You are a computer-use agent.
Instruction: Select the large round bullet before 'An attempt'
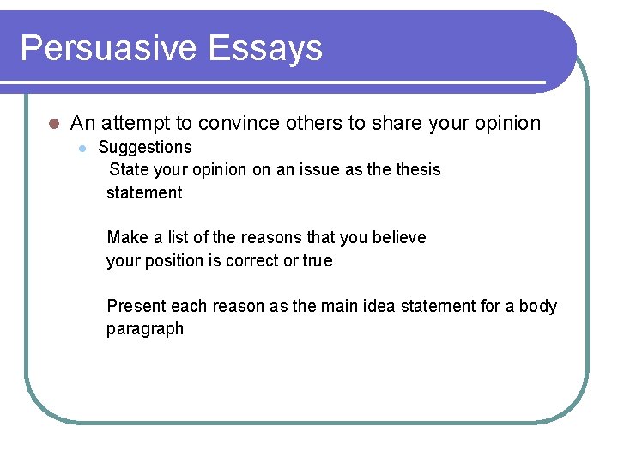tap(53, 124)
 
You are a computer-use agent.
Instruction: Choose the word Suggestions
tap(145, 148)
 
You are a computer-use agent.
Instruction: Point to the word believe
tap(398, 237)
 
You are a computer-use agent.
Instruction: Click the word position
tap(173, 260)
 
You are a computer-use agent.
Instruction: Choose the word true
tap(317, 260)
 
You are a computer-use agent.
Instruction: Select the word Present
tap(136, 306)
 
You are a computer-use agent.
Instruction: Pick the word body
tap(538, 306)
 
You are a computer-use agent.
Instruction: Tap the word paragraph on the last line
tap(145, 329)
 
